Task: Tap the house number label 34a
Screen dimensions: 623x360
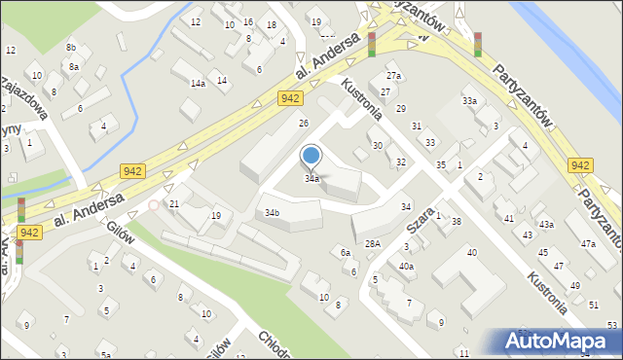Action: tap(311, 179)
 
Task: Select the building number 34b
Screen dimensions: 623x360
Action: tap(273, 212)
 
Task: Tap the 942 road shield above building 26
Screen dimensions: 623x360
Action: tap(288, 98)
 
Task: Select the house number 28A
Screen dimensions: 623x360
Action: tap(372, 243)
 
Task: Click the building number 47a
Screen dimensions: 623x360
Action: tap(588, 243)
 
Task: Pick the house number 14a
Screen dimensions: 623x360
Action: tap(198, 84)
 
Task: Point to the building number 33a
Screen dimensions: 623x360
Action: tap(470, 101)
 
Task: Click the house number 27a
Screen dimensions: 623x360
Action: tap(393, 76)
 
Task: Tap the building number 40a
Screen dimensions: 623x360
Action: tap(406, 267)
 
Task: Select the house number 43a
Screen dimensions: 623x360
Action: tap(547, 225)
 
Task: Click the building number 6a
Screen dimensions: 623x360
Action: tap(345, 252)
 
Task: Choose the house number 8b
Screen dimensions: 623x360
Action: tap(71, 47)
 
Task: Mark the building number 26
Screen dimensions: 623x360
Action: tap(304, 123)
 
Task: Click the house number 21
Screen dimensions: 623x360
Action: tap(174, 203)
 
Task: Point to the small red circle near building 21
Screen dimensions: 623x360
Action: tap(153, 205)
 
